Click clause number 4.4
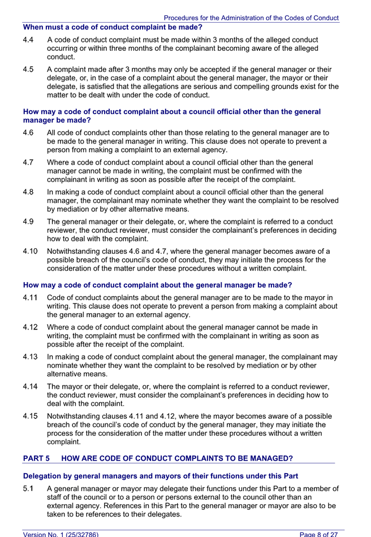point(28,40)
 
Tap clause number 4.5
point(28,70)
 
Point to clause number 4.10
point(31,251)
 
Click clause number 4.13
point(31,357)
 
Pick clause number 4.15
point(31,415)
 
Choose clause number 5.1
point(28,488)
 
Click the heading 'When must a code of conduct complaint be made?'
point(112,27)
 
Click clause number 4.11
point(31,298)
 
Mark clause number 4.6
point(28,133)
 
